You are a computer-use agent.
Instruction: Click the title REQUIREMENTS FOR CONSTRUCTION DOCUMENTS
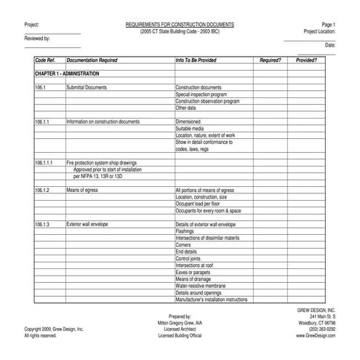click(183, 25)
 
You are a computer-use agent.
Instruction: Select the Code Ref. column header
click(45, 60)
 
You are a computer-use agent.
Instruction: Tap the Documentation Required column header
click(92, 60)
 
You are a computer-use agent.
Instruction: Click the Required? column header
click(270, 60)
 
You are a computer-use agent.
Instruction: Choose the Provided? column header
click(306, 60)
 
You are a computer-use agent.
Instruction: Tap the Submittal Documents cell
click(87, 87)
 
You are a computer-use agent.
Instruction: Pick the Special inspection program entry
click(201, 95)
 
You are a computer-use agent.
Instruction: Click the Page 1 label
click(328, 25)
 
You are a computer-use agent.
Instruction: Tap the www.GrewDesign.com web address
click(316, 336)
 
